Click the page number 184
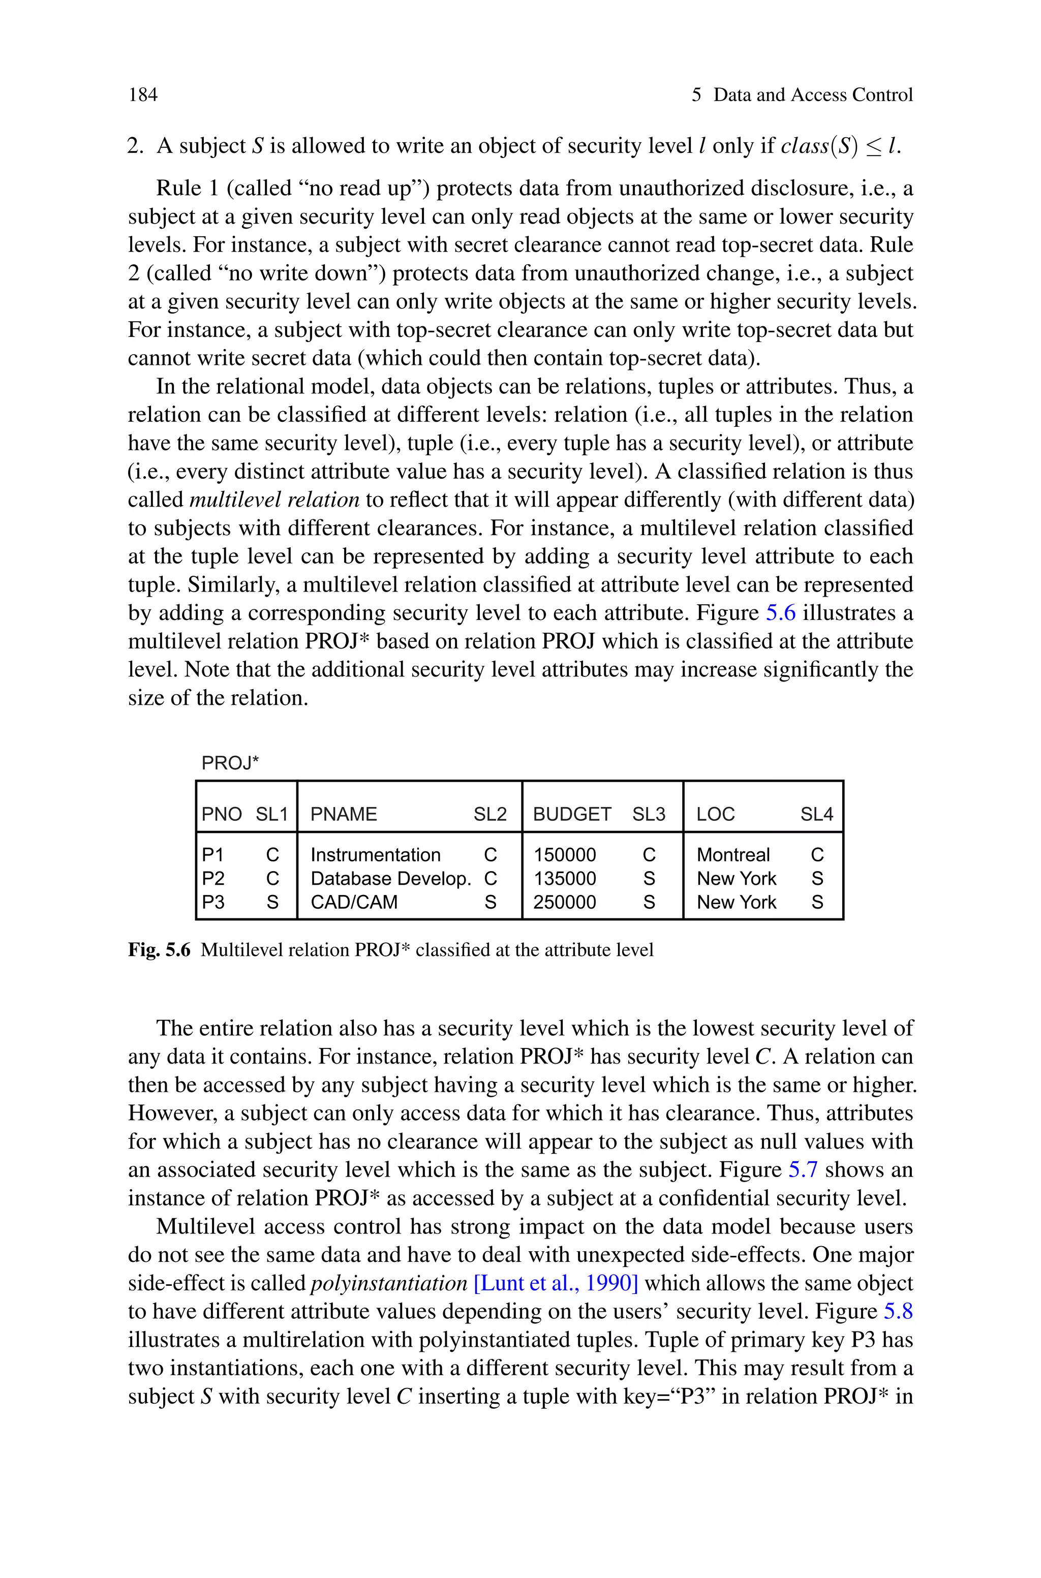tap(143, 95)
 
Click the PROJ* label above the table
tap(230, 763)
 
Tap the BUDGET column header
tap(572, 814)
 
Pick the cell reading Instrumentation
tap(375, 855)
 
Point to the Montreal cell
tap(733, 855)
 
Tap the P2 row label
tap(213, 879)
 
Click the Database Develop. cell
tap(390, 879)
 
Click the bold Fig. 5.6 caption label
tap(159, 950)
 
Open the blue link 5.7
tap(802, 1170)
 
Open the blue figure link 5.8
tap(898, 1312)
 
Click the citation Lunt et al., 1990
tap(556, 1283)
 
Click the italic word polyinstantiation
tap(389, 1283)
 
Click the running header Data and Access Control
tap(813, 95)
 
